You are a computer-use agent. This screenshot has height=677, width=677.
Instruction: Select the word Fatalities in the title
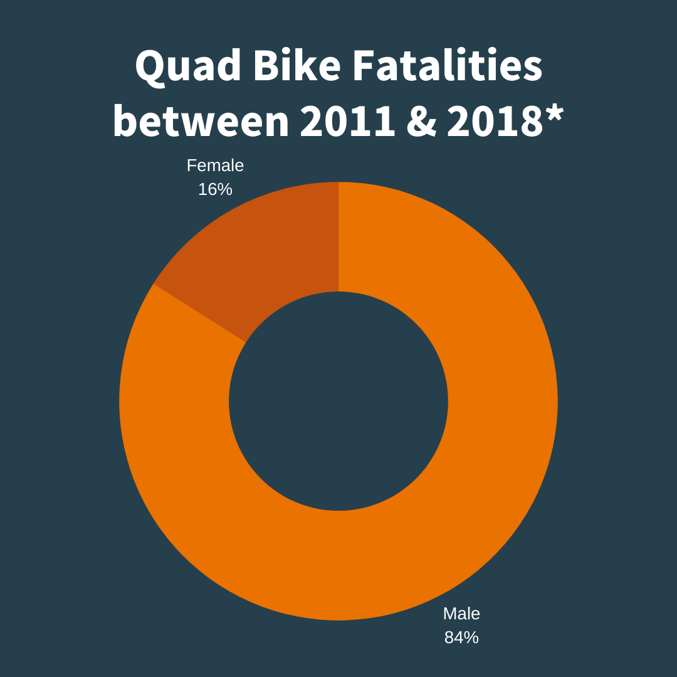pyautogui.click(x=446, y=66)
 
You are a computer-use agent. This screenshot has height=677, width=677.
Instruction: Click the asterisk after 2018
pyautogui.click(x=554, y=113)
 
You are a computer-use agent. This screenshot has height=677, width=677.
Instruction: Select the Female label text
pyautogui.click(x=215, y=165)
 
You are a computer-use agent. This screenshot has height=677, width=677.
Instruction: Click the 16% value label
pyautogui.click(x=215, y=189)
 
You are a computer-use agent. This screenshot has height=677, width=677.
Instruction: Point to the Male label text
pyautogui.click(x=461, y=614)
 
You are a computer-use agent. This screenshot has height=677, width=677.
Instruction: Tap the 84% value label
pyautogui.click(x=461, y=638)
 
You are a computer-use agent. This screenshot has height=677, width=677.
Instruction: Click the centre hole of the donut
pyautogui.click(x=338, y=401)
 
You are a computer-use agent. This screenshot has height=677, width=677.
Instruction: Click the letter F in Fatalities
pyautogui.click(x=362, y=66)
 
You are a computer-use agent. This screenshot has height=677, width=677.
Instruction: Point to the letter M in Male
pyautogui.click(x=449, y=614)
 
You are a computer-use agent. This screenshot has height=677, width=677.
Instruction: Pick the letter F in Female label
pyautogui.click(x=191, y=165)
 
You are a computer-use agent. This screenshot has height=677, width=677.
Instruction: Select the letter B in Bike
pyautogui.click(x=264, y=66)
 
